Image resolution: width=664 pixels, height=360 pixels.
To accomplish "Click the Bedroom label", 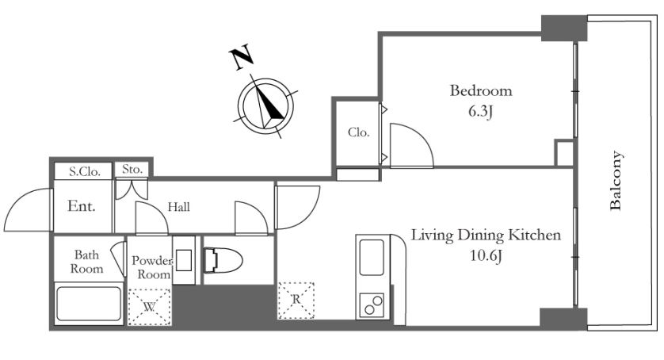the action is pos(481,90).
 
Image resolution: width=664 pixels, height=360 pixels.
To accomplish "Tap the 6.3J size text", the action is pos(481,112).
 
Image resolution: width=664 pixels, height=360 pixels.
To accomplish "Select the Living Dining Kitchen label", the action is pos(487,235).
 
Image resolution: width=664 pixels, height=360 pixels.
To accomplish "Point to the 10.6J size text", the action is pos(487,255).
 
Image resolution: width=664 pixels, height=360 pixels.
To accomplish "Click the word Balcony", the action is pos(616,181).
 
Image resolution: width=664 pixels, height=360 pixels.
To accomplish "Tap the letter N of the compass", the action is pos(242,58).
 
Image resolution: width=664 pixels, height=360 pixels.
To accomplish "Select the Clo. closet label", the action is pos(359,132).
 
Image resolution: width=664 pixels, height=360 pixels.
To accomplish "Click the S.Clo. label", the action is pos(85,172).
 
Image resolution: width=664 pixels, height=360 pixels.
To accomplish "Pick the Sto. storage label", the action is pos(132,169).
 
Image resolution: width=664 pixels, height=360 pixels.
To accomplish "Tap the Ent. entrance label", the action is pos(82,206).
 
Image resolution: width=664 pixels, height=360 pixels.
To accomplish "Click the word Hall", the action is pos(179,207).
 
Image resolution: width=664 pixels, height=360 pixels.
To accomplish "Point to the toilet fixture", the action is pos(223,260).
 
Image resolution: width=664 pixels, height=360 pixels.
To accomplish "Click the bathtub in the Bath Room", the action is pos(89,304).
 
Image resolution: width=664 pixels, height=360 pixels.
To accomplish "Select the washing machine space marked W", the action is pos(150,307).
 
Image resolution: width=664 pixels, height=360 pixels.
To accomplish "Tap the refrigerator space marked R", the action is pos(296,301).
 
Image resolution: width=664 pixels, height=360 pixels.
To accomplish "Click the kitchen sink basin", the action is pos(372,257).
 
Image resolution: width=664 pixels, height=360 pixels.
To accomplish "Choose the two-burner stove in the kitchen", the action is pos(372,304).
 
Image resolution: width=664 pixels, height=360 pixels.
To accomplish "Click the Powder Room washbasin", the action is pos(184,260).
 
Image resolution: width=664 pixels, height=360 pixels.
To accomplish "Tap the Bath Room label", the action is pos(86,262).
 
